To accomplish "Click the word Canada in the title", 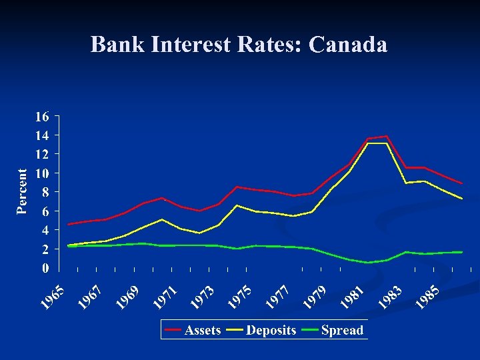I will click(348, 45).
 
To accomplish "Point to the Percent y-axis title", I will click(23, 191).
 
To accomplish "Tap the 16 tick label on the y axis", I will click(41, 117).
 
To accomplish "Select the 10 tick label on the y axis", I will click(41, 173).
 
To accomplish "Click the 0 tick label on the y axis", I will click(45, 268).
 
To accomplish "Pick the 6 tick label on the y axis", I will click(45, 211).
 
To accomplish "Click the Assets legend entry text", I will click(203, 330).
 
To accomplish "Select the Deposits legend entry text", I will click(271, 330).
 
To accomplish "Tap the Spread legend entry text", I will click(342, 330).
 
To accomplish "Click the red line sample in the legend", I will click(173, 330).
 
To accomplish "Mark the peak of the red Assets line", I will click(387, 137).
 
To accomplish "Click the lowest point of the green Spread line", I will click(369, 263).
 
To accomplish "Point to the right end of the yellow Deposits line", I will click(461, 199).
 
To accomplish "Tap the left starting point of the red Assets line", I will click(69, 224).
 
